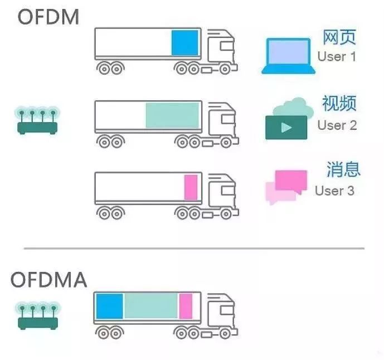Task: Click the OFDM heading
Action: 48,17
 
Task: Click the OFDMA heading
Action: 48,279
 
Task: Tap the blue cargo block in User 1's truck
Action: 184,43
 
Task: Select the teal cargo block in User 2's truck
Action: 172,115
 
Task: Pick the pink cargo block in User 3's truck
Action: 191,187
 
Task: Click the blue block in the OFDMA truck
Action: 109,306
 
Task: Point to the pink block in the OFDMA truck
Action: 186,306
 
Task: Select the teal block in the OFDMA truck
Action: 151,306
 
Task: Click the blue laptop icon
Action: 288,56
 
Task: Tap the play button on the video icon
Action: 286,128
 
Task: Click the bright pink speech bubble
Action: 291,182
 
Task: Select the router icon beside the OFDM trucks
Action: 37,120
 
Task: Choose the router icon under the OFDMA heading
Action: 38,315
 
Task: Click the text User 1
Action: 337,57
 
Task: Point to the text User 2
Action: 337,125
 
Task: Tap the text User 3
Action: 335,191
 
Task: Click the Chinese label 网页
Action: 339,37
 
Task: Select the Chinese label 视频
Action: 339,103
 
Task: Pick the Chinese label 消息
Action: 343,169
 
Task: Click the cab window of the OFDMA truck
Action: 227,310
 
